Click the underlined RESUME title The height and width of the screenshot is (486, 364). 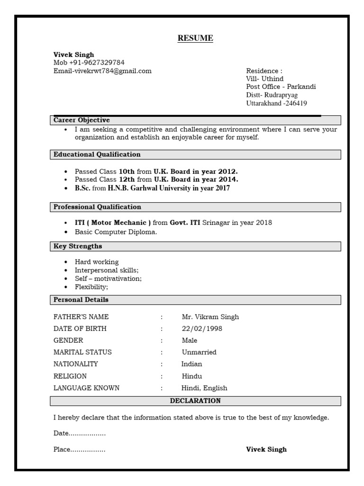(195, 38)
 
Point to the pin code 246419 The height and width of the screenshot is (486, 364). (296, 103)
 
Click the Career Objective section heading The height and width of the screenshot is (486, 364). (82, 121)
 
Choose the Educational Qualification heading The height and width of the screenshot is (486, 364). (97, 155)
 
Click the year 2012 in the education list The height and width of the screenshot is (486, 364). (227, 171)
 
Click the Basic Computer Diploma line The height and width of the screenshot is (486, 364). (116, 232)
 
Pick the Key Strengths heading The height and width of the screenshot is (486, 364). (78, 246)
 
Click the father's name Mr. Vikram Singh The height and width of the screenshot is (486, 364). (210, 317)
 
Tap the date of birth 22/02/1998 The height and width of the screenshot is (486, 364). (202, 329)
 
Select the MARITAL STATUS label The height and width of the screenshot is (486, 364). (82, 353)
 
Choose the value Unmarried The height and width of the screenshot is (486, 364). (199, 353)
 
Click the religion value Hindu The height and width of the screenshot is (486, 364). (192, 376)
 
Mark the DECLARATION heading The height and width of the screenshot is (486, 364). (195, 401)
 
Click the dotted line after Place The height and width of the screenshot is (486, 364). (88, 450)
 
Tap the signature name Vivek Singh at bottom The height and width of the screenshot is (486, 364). (266, 449)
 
